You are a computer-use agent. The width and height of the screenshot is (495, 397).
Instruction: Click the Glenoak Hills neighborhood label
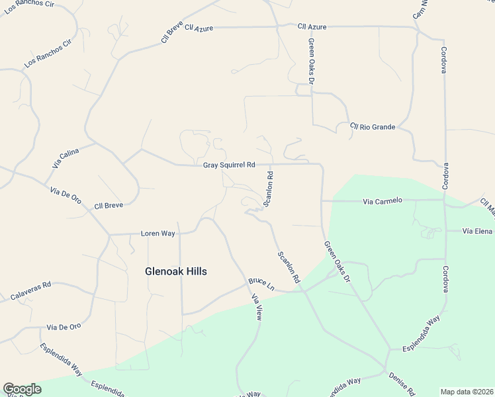coord(176,271)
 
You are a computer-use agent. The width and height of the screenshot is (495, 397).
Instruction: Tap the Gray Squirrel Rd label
coord(229,165)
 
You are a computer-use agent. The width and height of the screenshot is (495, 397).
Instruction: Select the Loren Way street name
coord(157,234)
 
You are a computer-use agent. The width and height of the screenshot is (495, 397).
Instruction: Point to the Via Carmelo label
coord(382,200)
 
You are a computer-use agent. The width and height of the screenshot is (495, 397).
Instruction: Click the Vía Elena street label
coord(478,231)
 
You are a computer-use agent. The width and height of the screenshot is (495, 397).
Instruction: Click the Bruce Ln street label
coord(261,283)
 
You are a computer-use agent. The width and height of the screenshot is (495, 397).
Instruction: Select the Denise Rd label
coord(402,382)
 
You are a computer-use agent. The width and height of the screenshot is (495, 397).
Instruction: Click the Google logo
coord(22,389)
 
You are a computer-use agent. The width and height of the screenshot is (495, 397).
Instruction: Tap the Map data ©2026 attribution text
coord(466,391)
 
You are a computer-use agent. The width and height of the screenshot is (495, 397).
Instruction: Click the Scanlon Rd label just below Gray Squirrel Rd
coord(269,190)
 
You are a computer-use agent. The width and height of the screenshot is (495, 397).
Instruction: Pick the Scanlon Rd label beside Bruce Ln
coord(289,267)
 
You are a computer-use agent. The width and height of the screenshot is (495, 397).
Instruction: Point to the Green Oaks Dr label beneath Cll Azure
coord(310,61)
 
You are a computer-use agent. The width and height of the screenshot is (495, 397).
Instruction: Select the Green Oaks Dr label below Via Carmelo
coord(337,262)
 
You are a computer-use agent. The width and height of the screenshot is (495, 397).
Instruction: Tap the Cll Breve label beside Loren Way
coord(109,206)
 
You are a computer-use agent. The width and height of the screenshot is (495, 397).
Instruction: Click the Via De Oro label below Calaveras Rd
coord(64,327)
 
